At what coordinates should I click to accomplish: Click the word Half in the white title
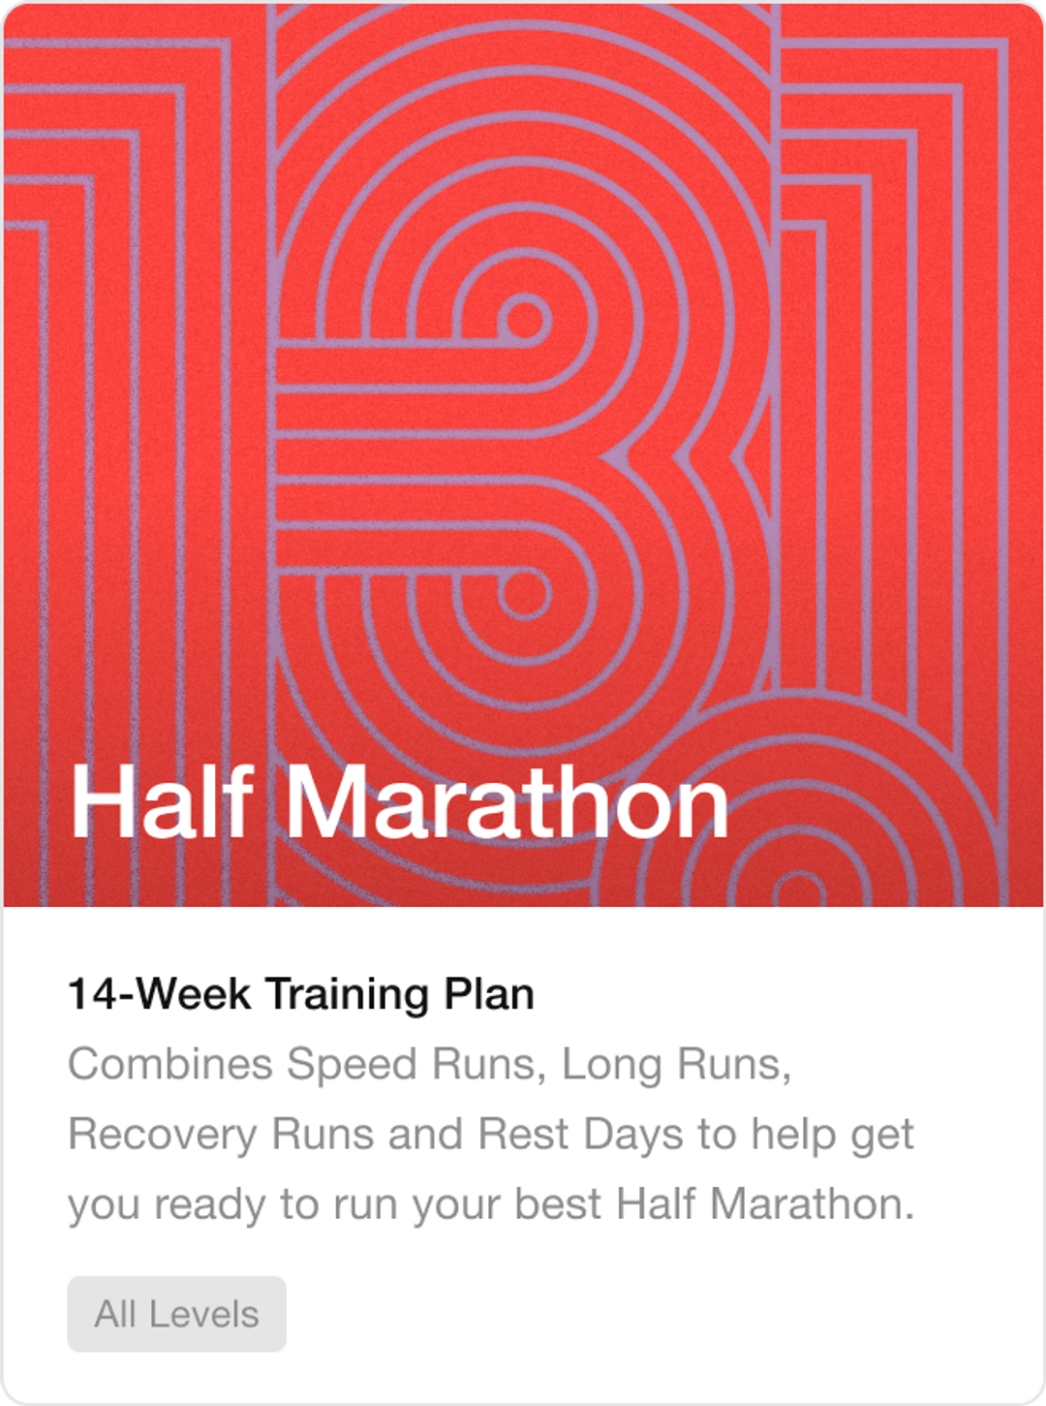[x=162, y=801]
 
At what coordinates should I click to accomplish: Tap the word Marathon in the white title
[x=506, y=801]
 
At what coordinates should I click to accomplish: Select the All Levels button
[x=176, y=1314]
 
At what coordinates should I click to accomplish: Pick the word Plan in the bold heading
[x=489, y=994]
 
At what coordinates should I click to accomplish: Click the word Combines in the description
[x=170, y=1064]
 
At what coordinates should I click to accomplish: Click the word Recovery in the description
[x=163, y=1134]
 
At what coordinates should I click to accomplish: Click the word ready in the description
[x=209, y=1204]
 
